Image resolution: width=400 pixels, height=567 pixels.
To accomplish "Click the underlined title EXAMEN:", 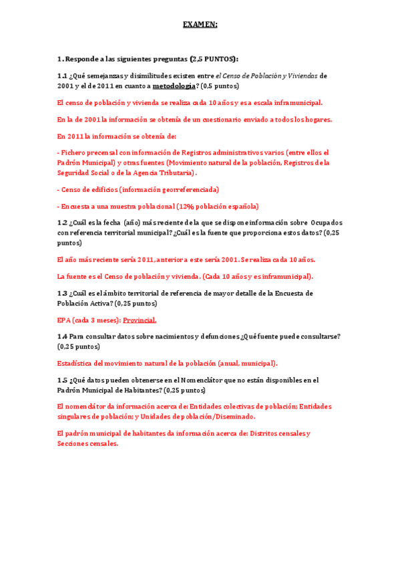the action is [x=200, y=25].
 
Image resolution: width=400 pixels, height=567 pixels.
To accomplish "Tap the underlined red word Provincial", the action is [x=139, y=320].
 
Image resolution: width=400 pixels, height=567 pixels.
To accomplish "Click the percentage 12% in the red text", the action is [x=185, y=206].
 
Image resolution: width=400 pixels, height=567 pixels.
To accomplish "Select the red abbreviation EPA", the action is [x=64, y=320].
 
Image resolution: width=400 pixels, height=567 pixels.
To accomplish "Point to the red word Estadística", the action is [x=77, y=363].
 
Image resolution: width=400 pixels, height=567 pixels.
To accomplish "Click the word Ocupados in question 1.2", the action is [x=327, y=222].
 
